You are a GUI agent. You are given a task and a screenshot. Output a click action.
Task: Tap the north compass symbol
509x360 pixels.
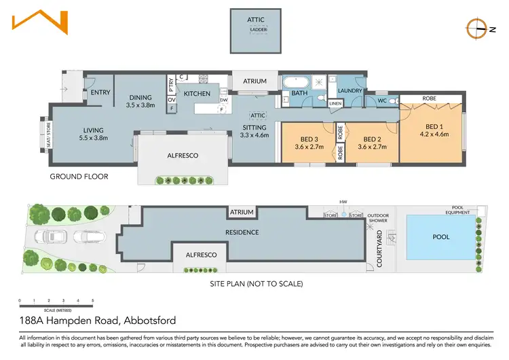point(476,29)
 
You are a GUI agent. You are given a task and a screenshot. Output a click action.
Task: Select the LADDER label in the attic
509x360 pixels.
point(258,30)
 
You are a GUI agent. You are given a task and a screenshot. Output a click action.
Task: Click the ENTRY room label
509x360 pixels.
point(100,92)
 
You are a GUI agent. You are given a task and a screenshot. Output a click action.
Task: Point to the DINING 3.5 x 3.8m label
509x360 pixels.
point(141,101)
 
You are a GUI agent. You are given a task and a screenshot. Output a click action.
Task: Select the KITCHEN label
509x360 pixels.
point(197,93)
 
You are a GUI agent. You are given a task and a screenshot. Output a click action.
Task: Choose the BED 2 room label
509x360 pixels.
point(370,142)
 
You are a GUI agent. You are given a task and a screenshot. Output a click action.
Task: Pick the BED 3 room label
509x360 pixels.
point(308,142)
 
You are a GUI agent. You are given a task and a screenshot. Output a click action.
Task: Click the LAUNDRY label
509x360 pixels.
point(350,90)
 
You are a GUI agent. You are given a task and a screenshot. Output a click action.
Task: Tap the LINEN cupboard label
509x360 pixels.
point(335,103)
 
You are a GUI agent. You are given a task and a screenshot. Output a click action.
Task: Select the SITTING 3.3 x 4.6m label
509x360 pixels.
point(254,131)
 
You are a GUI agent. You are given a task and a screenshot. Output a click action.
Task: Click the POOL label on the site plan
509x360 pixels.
point(440,237)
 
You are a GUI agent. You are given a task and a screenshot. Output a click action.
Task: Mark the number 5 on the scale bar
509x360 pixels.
point(93,300)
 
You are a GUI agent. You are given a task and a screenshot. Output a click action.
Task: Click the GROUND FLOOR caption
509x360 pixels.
point(79,177)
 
